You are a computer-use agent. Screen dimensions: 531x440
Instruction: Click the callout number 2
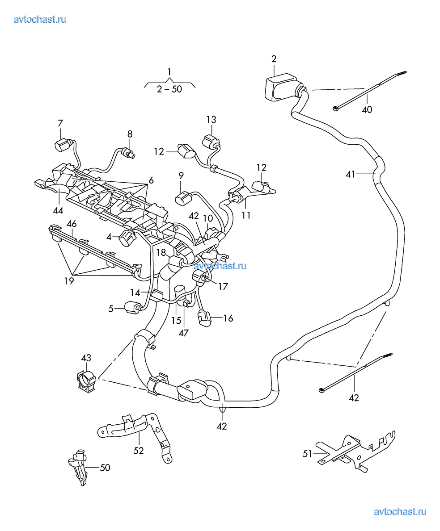pyautogui.click(x=274, y=59)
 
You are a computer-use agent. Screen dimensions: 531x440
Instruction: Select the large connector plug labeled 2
pyautogui.click(x=279, y=90)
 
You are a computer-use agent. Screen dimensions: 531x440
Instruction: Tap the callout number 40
pyautogui.click(x=367, y=109)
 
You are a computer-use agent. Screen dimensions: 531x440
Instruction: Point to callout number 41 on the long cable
pyautogui.click(x=350, y=174)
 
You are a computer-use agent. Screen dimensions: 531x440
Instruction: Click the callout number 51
pyautogui.click(x=307, y=454)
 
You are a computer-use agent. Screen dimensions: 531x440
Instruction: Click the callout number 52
pyautogui.click(x=139, y=450)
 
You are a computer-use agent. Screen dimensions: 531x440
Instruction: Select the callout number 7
pyautogui.click(x=60, y=123)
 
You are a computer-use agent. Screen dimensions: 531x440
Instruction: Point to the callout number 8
pyautogui.click(x=130, y=134)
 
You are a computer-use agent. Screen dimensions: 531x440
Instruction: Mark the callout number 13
pyautogui.click(x=211, y=119)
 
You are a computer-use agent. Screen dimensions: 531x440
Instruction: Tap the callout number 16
pyautogui.click(x=228, y=318)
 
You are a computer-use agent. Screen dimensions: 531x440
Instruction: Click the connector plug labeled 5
pyautogui.click(x=131, y=307)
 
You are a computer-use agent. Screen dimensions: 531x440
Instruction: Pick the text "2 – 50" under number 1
pyautogui.click(x=169, y=89)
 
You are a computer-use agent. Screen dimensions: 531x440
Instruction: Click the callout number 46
pyautogui.click(x=71, y=223)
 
